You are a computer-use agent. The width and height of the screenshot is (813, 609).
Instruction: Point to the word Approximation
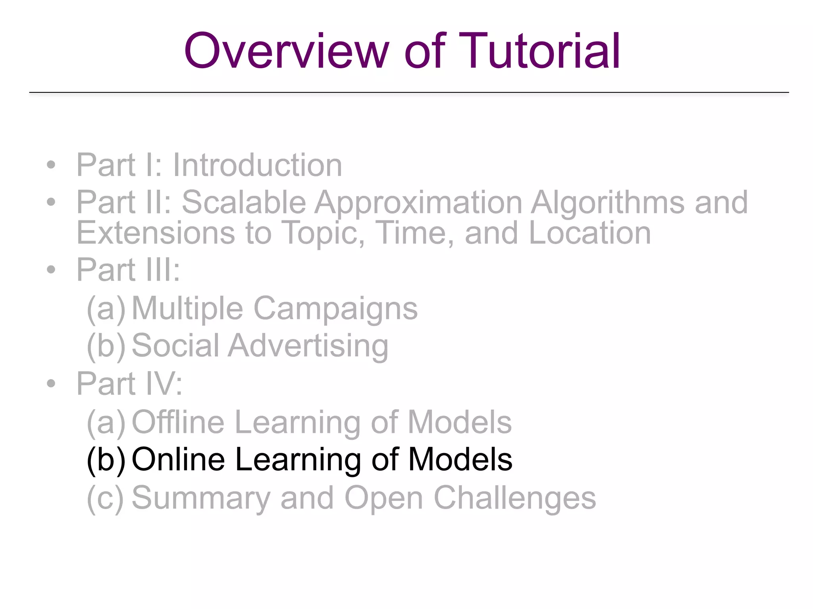(418, 203)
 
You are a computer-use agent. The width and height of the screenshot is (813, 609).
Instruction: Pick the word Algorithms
(607, 203)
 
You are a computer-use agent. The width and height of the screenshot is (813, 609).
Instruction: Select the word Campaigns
(335, 309)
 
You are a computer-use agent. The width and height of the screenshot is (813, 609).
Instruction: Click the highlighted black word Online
(178, 460)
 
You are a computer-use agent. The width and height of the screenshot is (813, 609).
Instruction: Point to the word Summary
(201, 498)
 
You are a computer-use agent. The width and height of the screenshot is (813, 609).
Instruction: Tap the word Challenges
(515, 499)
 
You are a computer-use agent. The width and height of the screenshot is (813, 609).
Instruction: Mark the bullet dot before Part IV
(50, 383)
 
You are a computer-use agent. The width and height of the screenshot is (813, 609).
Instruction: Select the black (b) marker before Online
(106, 460)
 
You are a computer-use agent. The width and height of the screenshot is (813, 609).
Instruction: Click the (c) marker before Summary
(105, 498)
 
